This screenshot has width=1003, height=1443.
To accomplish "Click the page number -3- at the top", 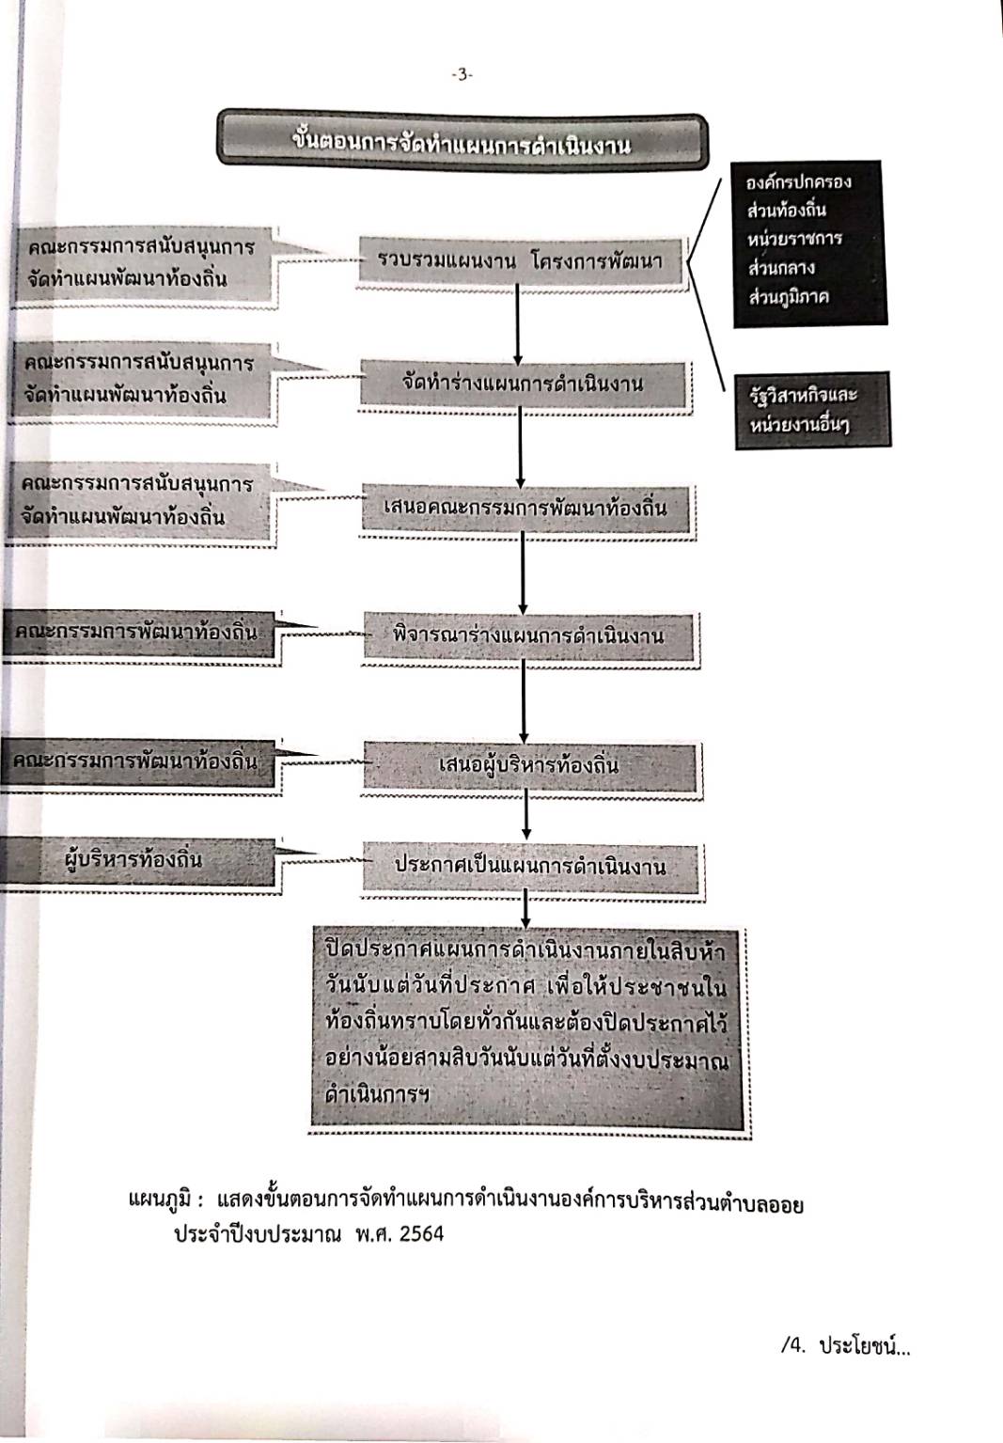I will tap(462, 76).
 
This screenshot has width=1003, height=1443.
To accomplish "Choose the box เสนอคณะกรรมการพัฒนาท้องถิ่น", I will tap(525, 509).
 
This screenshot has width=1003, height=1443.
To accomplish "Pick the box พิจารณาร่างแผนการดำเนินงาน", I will tap(527, 636).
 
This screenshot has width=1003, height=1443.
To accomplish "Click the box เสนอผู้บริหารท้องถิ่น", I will tap(528, 765).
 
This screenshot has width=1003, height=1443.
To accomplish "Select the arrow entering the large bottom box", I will tap(525, 910).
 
